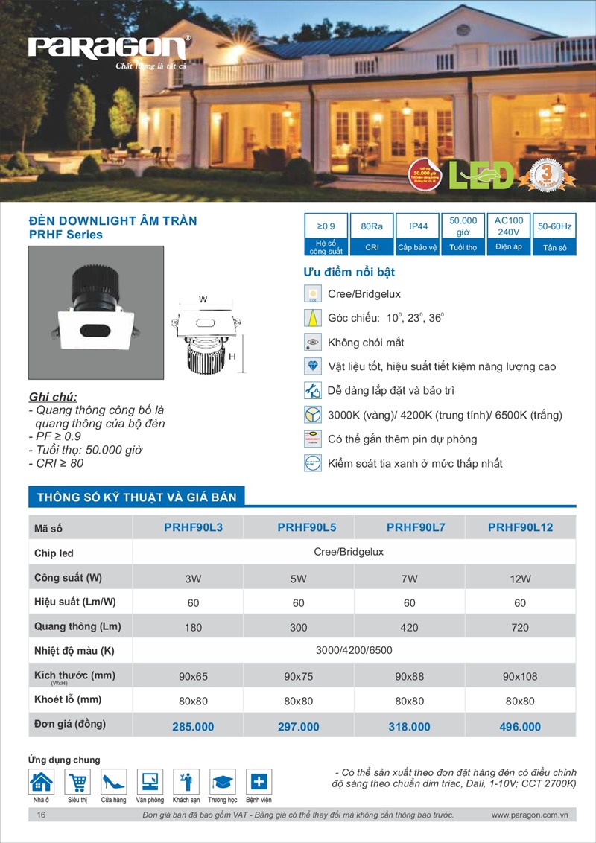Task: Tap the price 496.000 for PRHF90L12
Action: pyautogui.click(x=520, y=726)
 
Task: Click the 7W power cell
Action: pyautogui.click(x=409, y=578)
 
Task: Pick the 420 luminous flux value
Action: pyautogui.click(x=409, y=627)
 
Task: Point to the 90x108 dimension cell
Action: pyautogui.click(x=520, y=676)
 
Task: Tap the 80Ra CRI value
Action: pyautogui.click(x=371, y=226)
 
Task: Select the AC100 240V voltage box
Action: pyautogui.click(x=509, y=226)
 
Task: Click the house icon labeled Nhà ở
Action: pyautogui.click(x=41, y=782)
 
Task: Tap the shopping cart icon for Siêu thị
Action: pyautogui.click(x=77, y=782)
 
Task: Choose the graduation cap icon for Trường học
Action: pyautogui.click(x=223, y=782)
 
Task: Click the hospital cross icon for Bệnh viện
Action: pyautogui.click(x=259, y=782)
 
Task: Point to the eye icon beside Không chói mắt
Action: pyautogui.click(x=313, y=343)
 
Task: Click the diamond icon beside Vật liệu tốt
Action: pyautogui.click(x=313, y=366)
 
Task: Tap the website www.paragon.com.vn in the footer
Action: pyautogui.click(x=530, y=815)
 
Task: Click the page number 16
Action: pyautogui.click(x=41, y=815)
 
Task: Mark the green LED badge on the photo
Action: pyautogui.click(x=484, y=174)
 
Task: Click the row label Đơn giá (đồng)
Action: pyautogui.click(x=70, y=724)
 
